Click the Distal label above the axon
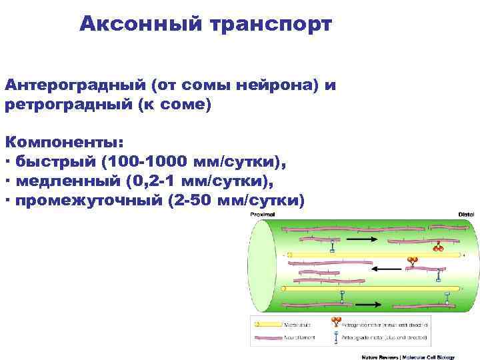tap(465, 215)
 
